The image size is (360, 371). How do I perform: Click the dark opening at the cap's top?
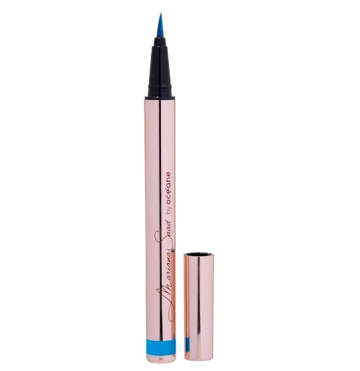click(198, 255)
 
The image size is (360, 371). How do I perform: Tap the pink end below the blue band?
click(160, 360)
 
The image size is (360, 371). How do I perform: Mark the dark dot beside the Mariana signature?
click(174, 250)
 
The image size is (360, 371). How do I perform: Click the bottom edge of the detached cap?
click(198, 367)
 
